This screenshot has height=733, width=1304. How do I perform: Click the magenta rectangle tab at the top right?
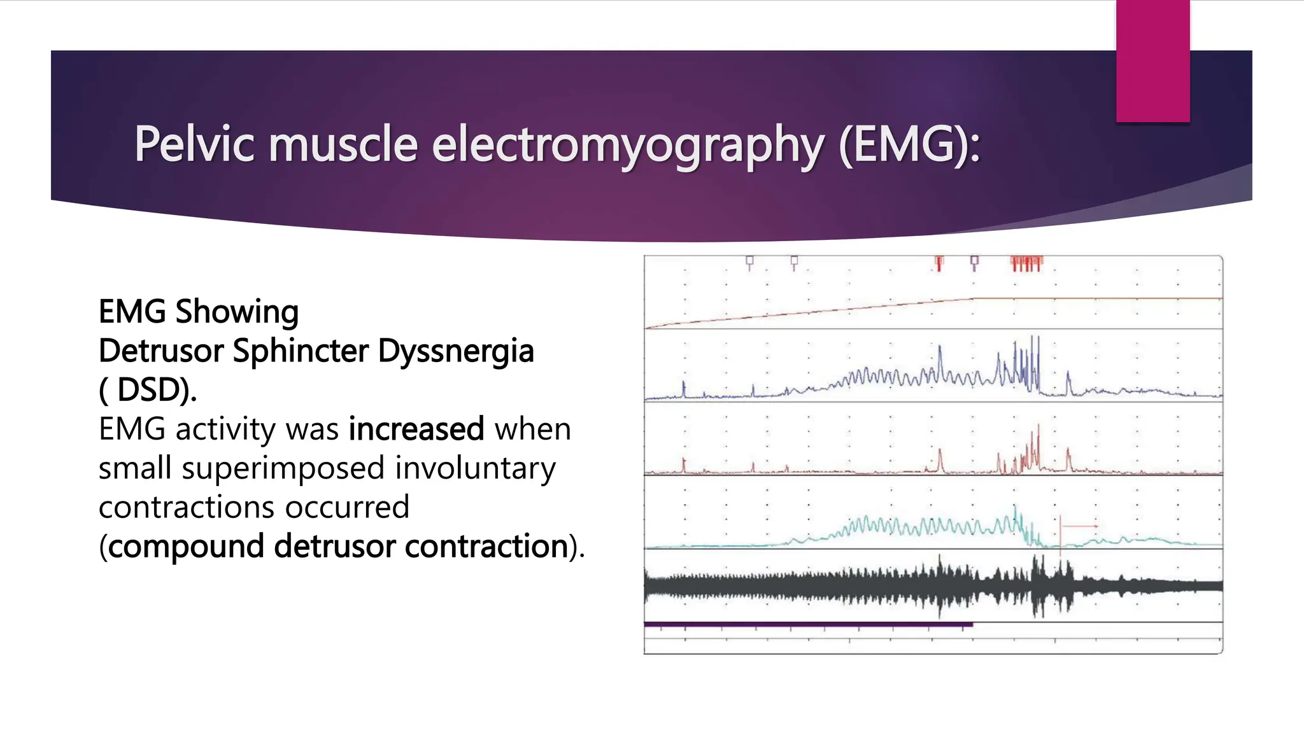[1152, 60]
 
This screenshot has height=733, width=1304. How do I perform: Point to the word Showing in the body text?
[237, 312]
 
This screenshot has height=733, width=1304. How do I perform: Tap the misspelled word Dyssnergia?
[456, 351]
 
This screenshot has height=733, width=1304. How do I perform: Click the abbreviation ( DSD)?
[148, 389]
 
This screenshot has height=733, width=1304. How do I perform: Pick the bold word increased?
[416, 429]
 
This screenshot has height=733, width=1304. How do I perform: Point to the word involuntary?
[475, 468]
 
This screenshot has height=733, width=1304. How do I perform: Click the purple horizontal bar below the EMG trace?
[809, 625]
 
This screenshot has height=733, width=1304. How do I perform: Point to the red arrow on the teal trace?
[1079, 526]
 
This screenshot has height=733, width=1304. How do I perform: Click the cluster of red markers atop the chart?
[1026, 262]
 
